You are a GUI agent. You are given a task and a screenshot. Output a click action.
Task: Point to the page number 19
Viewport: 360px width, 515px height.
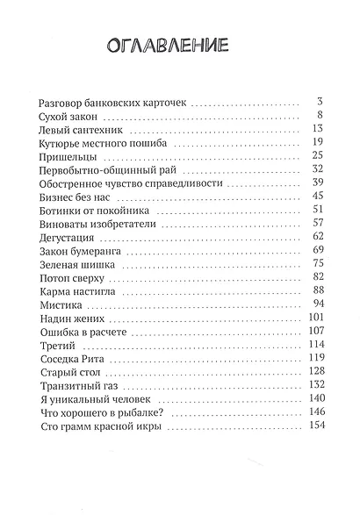click(319, 142)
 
